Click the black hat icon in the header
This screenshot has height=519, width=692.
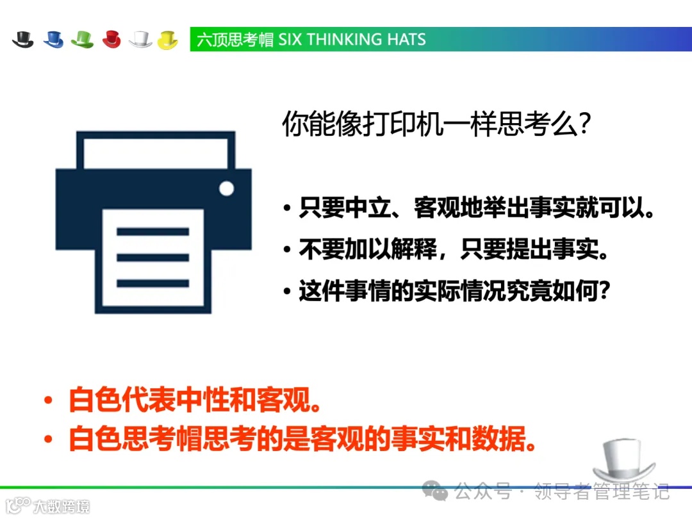tap(22, 39)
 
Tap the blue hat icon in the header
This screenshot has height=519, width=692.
tap(53, 39)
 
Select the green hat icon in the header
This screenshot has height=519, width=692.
tap(82, 39)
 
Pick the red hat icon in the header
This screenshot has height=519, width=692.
tap(111, 39)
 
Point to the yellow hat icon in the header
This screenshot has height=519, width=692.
tap(167, 39)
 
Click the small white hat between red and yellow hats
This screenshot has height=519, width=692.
tap(140, 39)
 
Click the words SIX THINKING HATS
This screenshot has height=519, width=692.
tap(352, 40)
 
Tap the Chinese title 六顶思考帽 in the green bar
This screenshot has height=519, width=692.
tap(235, 40)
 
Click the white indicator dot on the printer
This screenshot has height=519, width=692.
tap(227, 188)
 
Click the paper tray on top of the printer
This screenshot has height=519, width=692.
tap(156, 149)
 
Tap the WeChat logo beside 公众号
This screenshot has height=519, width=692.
tap(440, 492)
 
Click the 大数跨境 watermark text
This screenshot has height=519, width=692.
tap(61, 506)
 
